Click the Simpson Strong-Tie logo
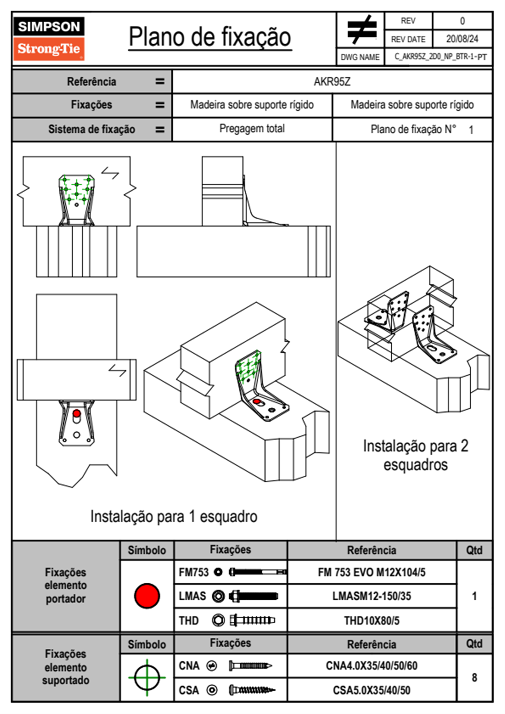(49, 39)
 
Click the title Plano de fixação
(210, 37)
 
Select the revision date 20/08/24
(462, 39)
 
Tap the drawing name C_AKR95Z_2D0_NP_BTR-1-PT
(440, 57)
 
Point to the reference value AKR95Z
(332, 82)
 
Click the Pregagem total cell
(252, 129)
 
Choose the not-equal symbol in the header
(361, 30)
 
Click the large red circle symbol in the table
(147, 596)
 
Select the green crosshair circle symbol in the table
(147, 677)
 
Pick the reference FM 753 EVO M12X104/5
(371, 572)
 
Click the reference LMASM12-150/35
(371, 596)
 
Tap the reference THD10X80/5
(371, 621)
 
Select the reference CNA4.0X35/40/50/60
(371, 666)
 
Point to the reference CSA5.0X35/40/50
(371, 690)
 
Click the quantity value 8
(474, 677)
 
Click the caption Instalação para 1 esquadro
(174, 517)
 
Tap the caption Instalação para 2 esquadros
(415, 455)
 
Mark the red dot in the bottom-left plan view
(76, 413)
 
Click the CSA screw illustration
(252, 690)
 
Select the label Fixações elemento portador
(65, 585)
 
